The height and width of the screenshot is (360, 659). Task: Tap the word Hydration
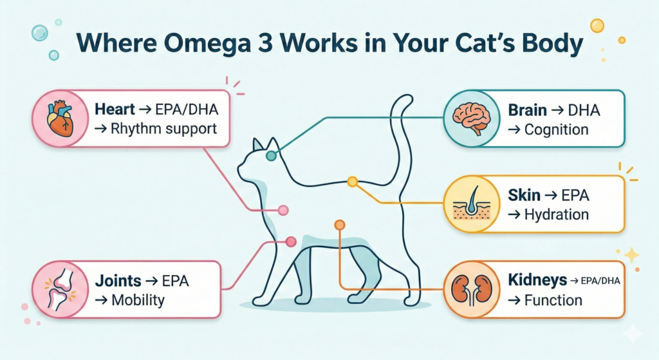point(557,214)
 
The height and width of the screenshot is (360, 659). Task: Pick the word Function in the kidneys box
point(553,300)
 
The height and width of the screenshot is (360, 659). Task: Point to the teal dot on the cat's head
point(272,155)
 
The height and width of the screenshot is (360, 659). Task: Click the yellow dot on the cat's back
point(352,182)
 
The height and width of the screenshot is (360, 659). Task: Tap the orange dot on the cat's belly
point(339,225)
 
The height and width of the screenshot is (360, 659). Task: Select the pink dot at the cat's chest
point(282,210)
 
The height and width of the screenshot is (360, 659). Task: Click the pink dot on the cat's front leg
point(290,242)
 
